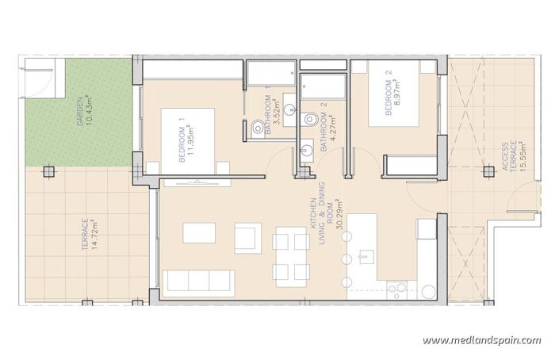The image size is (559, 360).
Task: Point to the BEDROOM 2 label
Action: click(389, 94)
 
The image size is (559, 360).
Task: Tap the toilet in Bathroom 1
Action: click(257, 128)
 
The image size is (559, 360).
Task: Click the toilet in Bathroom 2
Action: click(311, 119)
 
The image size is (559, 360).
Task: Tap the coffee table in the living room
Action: click(198, 232)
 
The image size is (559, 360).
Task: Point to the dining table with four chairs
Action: click(290, 255)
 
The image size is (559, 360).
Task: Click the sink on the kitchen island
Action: click(366, 256)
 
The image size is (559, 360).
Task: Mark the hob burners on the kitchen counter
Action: click(397, 287)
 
